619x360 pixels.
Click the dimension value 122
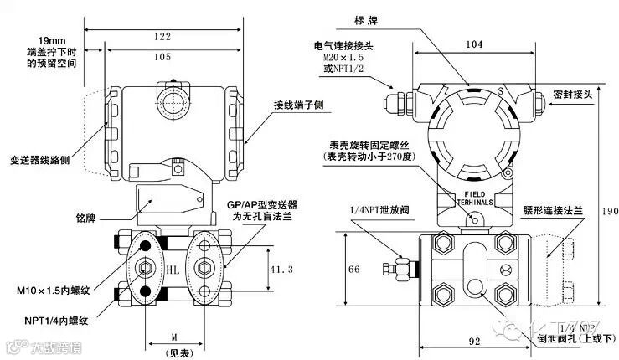click(163, 36)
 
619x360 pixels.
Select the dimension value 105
click(163, 56)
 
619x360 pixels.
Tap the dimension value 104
click(474, 43)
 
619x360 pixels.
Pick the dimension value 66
click(353, 270)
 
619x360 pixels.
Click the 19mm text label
click(54, 40)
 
